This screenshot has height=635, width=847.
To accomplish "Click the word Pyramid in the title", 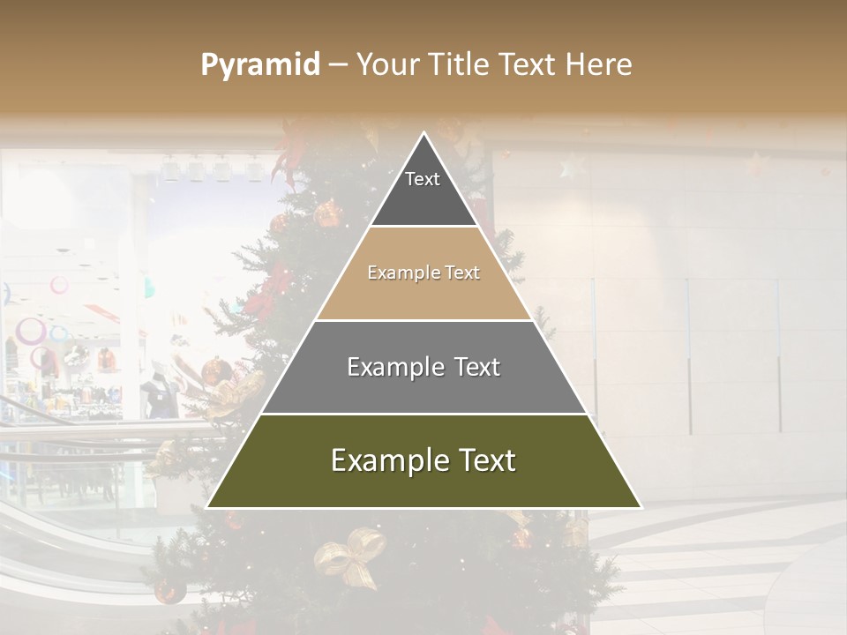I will point(260,64).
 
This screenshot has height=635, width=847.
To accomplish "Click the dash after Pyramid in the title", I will point(337,65).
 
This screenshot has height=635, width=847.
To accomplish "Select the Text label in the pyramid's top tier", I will point(423,179).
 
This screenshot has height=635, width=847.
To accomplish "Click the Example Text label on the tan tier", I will point(423,273).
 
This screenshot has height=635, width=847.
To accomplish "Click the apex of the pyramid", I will point(424,133).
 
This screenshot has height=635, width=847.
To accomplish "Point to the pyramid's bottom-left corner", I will point(207,507).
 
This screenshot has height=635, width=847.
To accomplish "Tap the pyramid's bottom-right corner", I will point(641,507).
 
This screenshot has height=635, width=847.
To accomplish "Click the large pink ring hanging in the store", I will point(32,332).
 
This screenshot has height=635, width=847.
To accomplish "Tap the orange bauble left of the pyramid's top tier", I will point(329,213).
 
